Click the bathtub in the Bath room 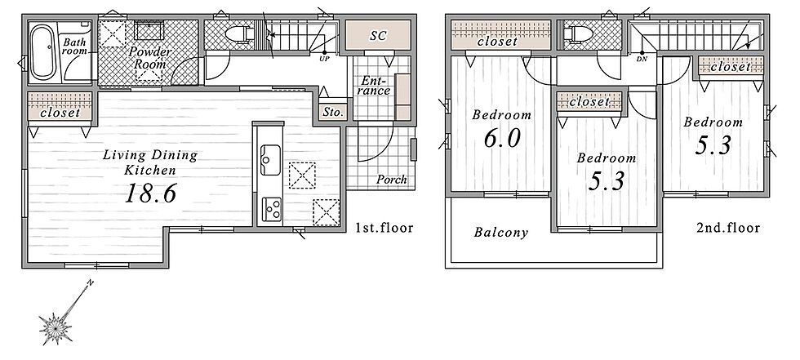[42, 52]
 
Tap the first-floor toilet [239, 34]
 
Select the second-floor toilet [578, 34]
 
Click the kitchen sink [270, 160]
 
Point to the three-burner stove [271, 209]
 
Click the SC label [378, 36]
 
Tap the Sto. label [334, 113]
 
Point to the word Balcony [500, 233]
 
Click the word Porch [392, 180]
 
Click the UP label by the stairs [324, 58]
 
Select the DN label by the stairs [642, 59]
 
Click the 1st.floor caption [384, 228]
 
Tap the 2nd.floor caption [728, 228]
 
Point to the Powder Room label [150, 58]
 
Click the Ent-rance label [376, 86]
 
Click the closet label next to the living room [60, 113]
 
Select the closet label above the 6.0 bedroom [497, 42]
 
